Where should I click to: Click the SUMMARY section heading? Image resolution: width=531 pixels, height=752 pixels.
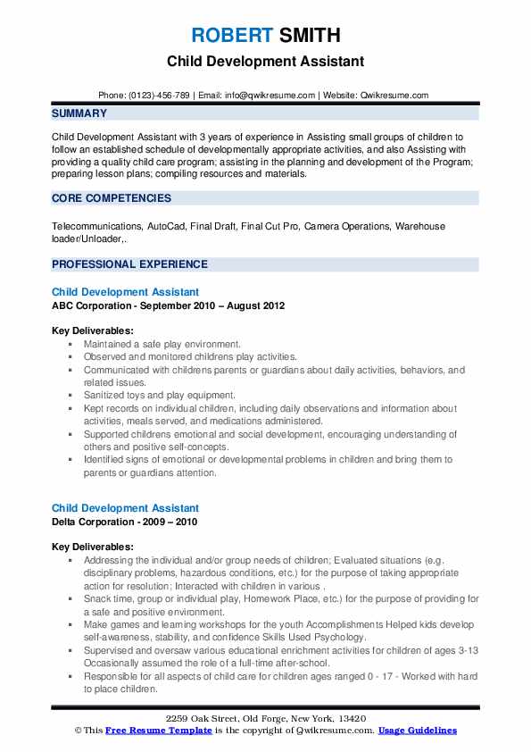[x=79, y=113]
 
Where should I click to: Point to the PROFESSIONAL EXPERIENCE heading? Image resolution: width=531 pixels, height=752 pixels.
[x=129, y=264]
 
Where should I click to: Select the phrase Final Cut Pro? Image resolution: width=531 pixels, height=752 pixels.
[x=270, y=227]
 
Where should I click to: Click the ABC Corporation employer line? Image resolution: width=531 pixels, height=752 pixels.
[x=168, y=305]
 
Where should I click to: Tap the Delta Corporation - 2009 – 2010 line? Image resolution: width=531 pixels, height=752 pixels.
[x=125, y=522]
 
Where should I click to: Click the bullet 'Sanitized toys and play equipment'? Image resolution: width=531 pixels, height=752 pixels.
[x=160, y=394]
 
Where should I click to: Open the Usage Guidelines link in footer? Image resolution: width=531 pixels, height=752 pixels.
[x=417, y=731]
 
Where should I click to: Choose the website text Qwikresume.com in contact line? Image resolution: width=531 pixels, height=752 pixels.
[x=394, y=95]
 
